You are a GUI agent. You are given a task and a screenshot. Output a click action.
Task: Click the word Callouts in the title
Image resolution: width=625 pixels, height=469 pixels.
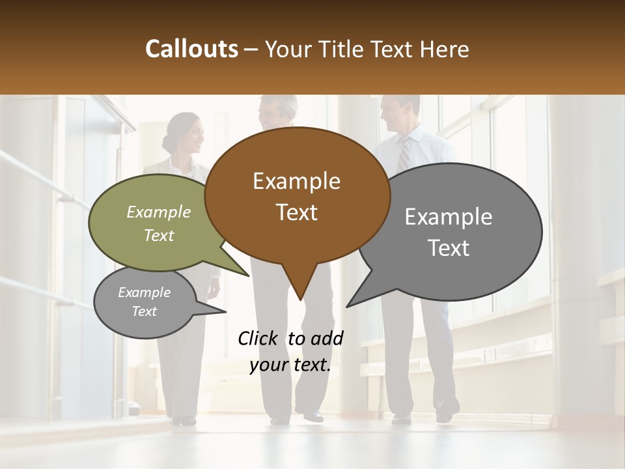(191, 49)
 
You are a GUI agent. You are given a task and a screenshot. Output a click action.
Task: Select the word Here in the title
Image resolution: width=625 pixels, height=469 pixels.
(445, 49)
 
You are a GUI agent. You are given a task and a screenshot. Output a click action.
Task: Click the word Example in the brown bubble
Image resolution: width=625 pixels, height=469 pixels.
(296, 181)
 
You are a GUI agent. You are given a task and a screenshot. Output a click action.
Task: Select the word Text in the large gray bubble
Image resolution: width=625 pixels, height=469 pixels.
(449, 248)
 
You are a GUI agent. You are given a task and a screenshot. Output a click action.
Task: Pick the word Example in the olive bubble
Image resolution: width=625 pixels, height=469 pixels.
(158, 212)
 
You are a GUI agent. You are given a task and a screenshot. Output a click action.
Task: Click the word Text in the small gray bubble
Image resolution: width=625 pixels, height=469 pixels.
(144, 311)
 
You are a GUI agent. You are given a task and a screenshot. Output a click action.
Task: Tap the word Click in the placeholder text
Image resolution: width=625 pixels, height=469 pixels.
(260, 338)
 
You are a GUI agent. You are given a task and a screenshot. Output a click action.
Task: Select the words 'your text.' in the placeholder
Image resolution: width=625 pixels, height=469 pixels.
(290, 365)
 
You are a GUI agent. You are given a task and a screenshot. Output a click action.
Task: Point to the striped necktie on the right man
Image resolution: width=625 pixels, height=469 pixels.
(405, 154)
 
